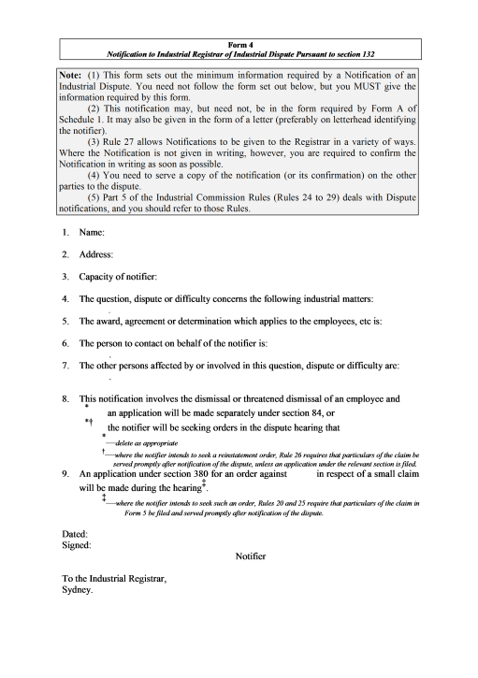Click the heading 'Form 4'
[238, 43]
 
